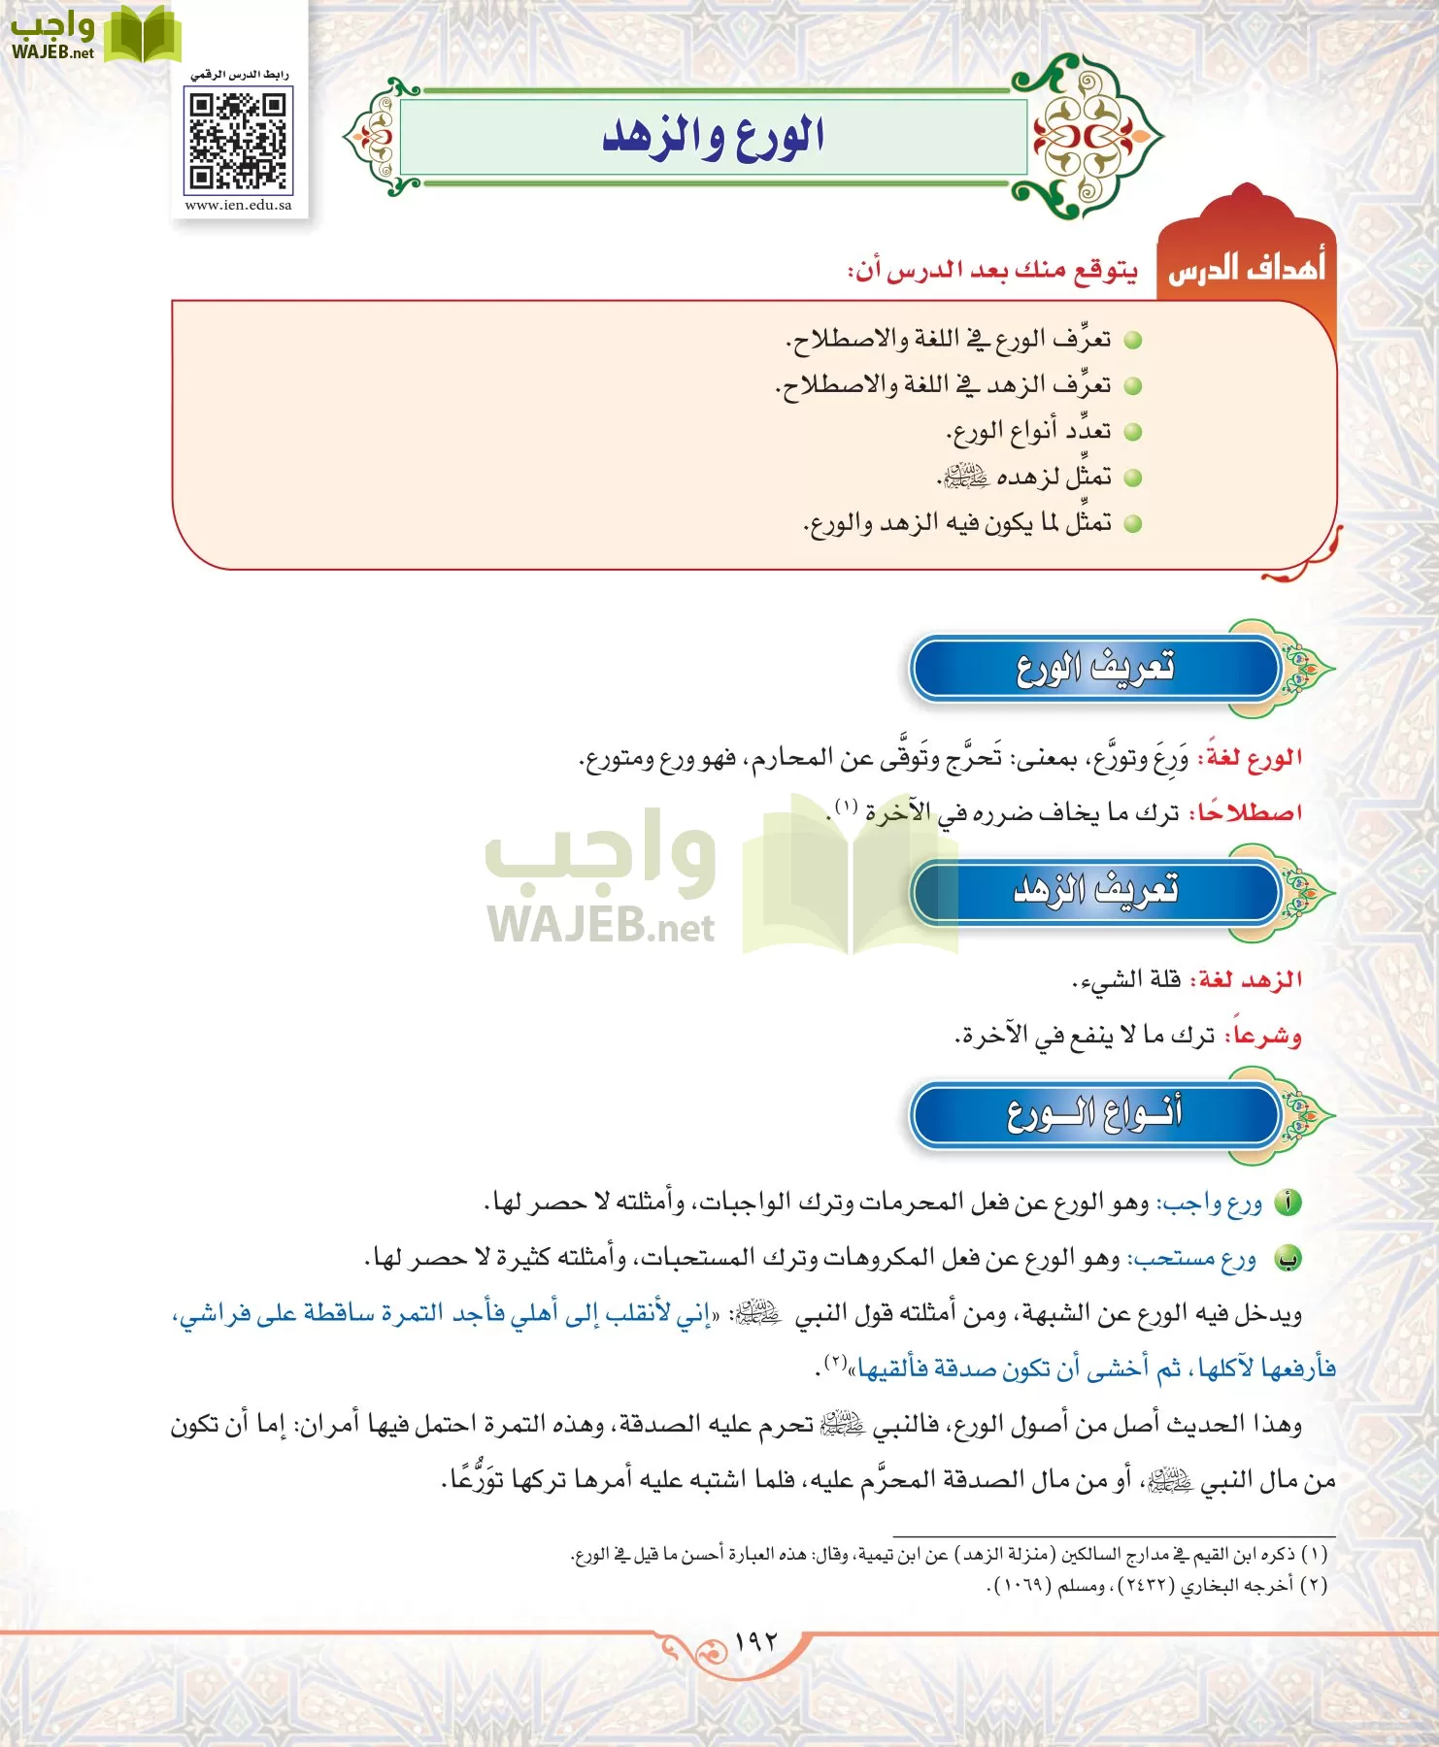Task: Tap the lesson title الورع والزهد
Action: click(714, 137)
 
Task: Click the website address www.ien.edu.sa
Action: click(238, 206)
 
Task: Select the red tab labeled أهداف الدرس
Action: click(1246, 267)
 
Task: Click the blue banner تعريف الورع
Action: click(1096, 668)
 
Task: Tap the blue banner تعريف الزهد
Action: click(1096, 890)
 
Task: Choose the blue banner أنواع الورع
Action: click(1096, 1113)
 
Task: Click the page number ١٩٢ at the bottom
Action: click(756, 1641)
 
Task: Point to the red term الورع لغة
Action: click(1253, 758)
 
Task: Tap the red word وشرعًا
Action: click(1264, 1036)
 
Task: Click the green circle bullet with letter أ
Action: click(1288, 1203)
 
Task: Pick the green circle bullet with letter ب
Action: click(1288, 1259)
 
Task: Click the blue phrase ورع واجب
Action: click(1211, 1204)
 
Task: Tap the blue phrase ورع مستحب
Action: click(1193, 1260)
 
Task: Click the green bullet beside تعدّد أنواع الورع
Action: click(1131, 432)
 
